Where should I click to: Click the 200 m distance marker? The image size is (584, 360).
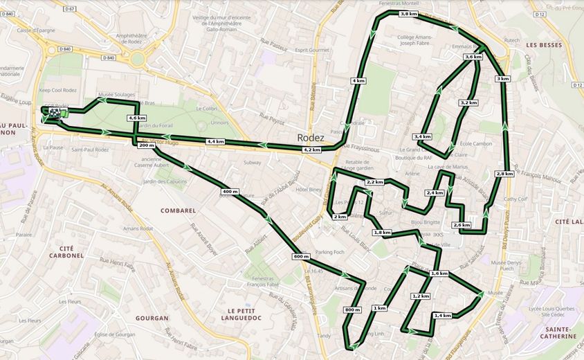[146, 145]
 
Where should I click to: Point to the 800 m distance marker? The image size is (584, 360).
[352, 309]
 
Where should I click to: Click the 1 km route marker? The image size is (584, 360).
[379, 307]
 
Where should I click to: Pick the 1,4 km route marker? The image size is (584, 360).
[442, 315]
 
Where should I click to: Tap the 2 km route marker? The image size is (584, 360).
[340, 217]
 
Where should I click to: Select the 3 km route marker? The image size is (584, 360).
[503, 79]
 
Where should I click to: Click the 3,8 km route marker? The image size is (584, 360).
[409, 14]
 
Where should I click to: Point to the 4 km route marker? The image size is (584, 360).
[358, 81]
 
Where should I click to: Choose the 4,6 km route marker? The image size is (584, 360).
[137, 118]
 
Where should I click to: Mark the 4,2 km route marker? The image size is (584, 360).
[312, 149]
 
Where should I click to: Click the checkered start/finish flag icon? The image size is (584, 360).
[53, 111]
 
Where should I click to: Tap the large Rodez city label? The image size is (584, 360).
[311, 137]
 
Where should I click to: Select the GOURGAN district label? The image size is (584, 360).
[152, 318]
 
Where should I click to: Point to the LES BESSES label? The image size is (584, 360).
[542, 45]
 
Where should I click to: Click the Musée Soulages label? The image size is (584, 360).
[116, 94]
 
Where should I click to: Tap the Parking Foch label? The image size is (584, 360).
[330, 251]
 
